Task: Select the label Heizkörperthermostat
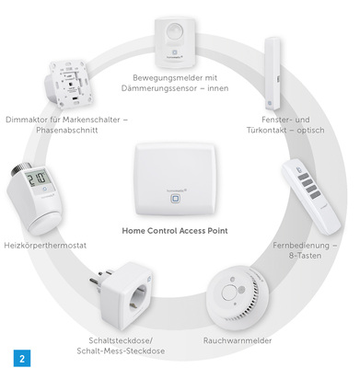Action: (46, 247)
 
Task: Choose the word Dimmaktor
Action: (26, 120)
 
